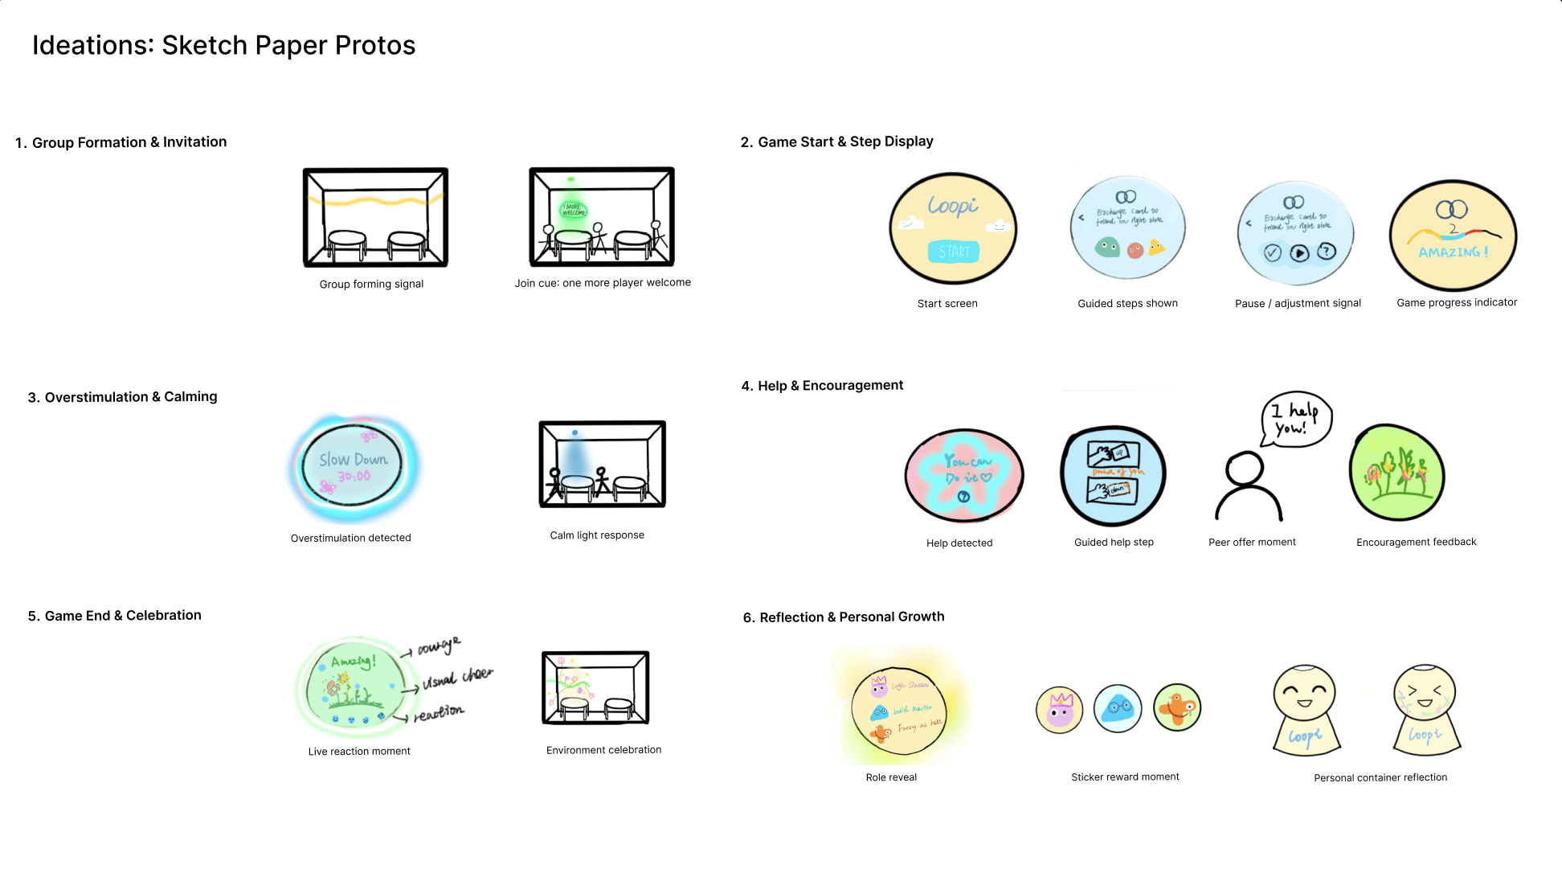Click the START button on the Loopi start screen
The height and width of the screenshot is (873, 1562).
tap(954, 252)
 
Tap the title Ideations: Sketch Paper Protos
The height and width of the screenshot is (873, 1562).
tap(223, 46)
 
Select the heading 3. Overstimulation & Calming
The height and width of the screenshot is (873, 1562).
tap(122, 397)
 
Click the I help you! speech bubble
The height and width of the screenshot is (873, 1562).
tap(1295, 418)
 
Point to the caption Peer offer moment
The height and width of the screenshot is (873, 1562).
tap(1252, 543)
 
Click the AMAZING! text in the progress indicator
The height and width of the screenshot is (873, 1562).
tap(1453, 252)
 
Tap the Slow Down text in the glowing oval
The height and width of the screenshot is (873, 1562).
tap(353, 460)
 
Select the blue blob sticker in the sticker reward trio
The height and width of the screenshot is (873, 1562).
tap(1118, 708)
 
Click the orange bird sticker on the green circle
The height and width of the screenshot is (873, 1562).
tap(1177, 707)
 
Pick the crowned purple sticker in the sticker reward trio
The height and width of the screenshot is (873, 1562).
tap(1060, 710)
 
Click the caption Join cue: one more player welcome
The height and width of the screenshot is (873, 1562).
tap(603, 283)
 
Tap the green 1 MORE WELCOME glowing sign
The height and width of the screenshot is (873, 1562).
tap(573, 211)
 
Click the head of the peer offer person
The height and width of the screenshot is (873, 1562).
tap(1245, 468)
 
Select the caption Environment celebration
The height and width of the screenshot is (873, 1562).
tap(603, 750)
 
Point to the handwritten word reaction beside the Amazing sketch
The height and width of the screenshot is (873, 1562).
tap(439, 713)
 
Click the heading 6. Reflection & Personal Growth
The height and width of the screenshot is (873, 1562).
tap(844, 617)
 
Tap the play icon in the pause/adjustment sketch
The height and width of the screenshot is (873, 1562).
tap(1299, 253)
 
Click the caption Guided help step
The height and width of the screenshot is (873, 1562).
tap(1114, 543)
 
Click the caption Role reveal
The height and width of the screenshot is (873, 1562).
tap(891, 777)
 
